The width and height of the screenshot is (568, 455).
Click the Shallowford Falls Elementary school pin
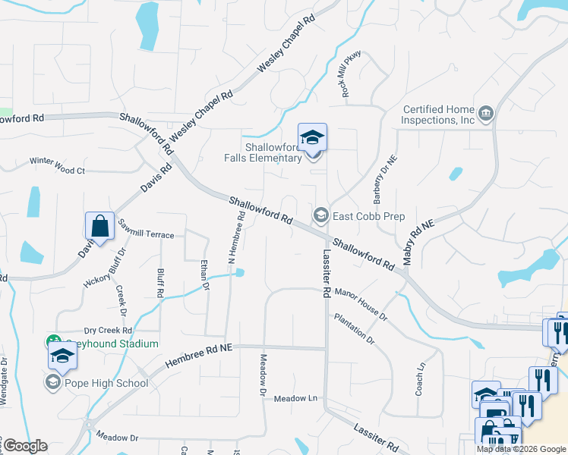click(x=312, y=138)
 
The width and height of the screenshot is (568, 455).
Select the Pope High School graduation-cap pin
click(x=62, y=356)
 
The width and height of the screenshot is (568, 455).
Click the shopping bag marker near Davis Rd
click(x=99, y=226)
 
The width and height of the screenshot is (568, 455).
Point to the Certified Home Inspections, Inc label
click(x=438, y=115)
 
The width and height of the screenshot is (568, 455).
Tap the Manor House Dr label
click(x=361, y=300)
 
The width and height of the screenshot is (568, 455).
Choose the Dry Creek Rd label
click(x=108, y=331)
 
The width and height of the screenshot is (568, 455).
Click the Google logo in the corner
click(x=24, y=446)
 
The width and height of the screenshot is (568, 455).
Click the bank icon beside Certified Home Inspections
click(x=487, y=115)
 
